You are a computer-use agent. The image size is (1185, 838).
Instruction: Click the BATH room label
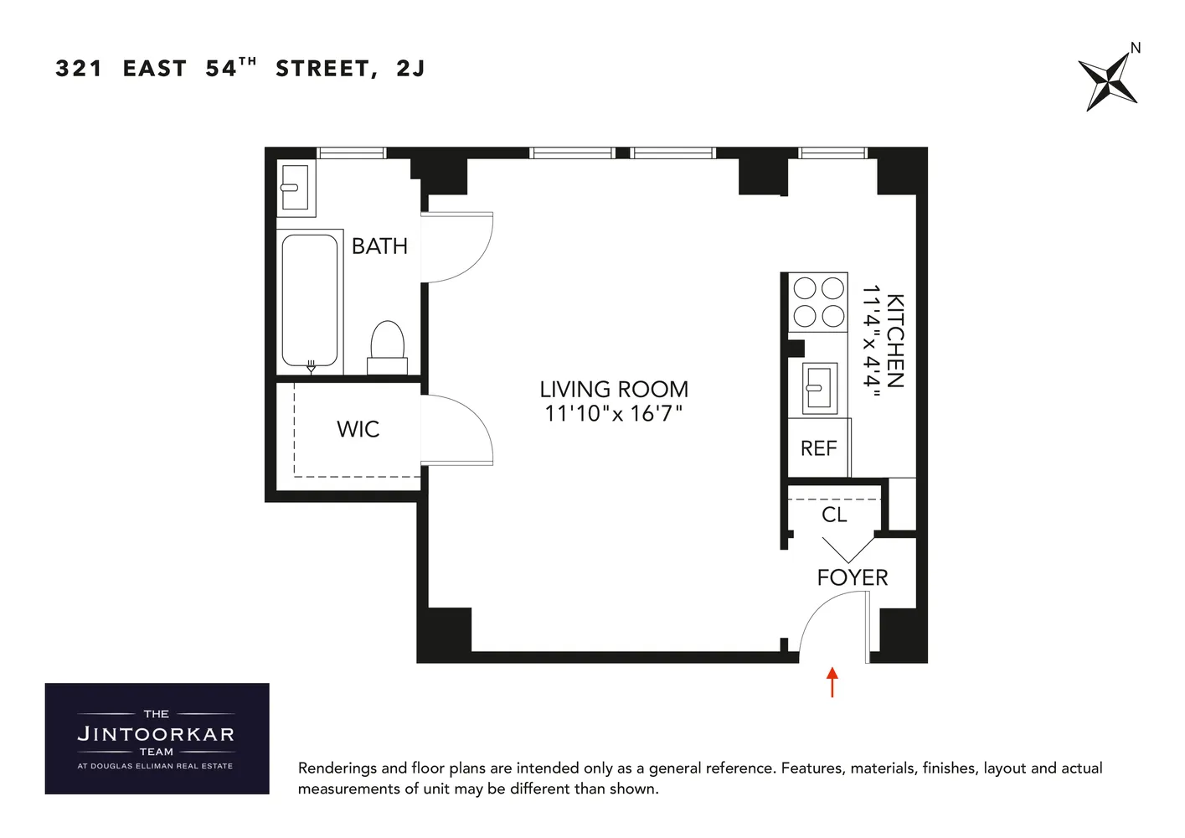click(x=379, y=246)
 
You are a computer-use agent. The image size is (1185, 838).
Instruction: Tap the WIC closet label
click(x=358, y=429)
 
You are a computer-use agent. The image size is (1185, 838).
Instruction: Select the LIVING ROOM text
click(x=613, y=390)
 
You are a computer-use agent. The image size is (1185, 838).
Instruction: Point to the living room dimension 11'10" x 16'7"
click(x=613, y=414)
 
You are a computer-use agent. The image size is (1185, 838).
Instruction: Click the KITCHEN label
click(x=895, y=340)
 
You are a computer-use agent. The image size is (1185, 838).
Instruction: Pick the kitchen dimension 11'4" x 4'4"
click(x=872, y=340)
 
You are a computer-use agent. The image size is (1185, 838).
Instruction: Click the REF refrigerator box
click(x=819, y=448)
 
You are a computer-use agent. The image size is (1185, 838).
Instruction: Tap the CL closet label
click(x=834, y=515)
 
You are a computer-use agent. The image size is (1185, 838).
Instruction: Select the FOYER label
click(x=852, y=577)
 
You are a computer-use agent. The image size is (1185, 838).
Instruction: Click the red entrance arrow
click(x=832, y=681)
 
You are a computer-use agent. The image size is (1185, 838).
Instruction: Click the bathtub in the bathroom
click(x=310, y=300)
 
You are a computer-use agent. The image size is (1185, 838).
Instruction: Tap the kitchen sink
click(x=818, y=388)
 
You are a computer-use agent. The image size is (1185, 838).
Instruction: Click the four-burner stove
click(x=819, y=302)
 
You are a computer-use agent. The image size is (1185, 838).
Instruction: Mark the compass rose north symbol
click(x=1107, y=81)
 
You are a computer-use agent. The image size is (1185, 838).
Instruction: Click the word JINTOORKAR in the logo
click(x=156, y=734)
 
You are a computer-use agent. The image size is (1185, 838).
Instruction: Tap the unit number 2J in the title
click(x=410, y=69)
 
